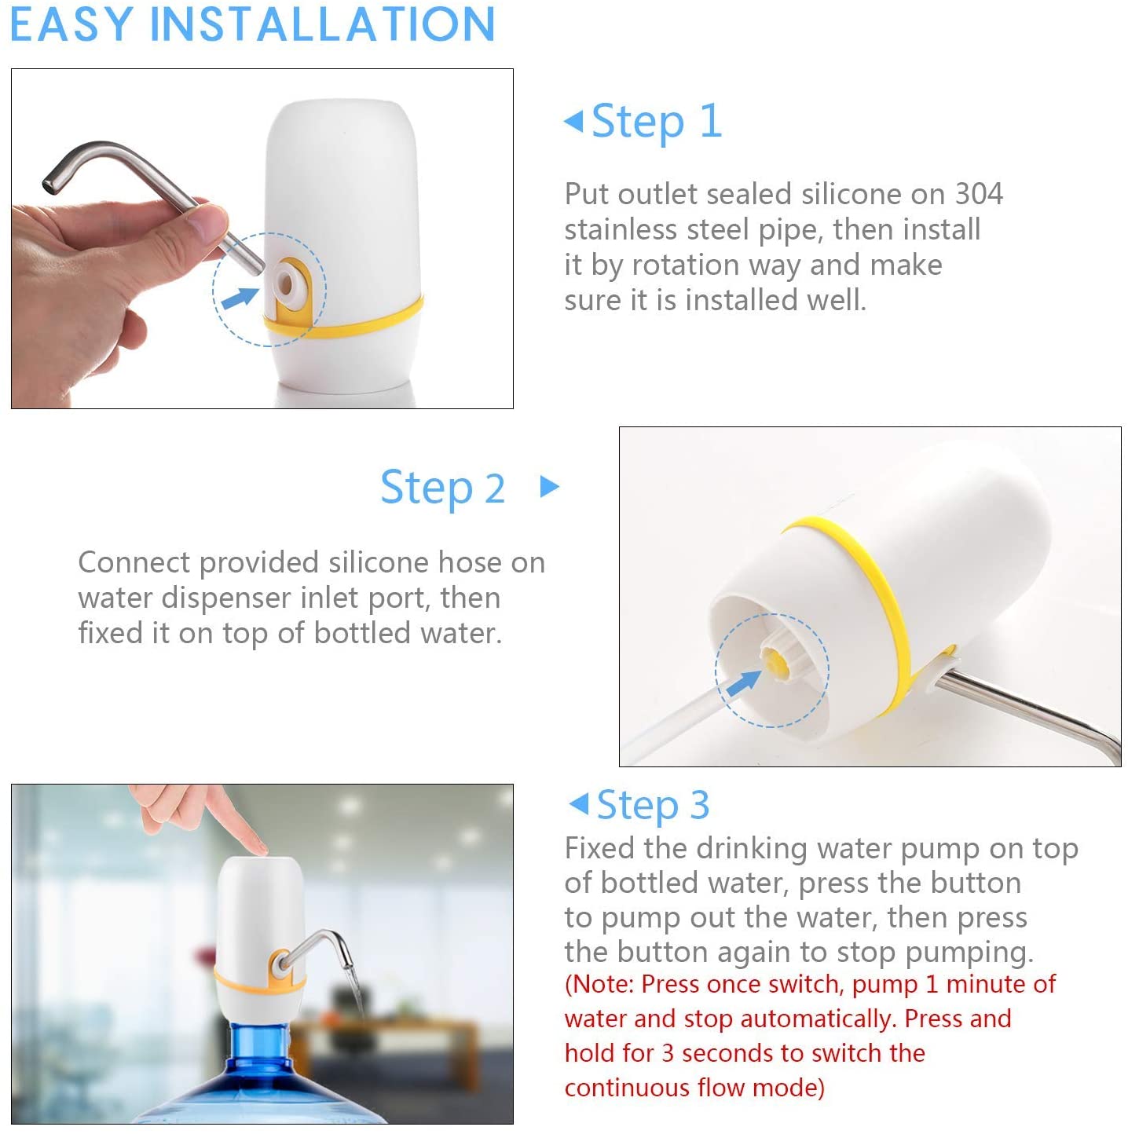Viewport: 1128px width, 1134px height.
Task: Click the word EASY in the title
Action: tap(71, 24)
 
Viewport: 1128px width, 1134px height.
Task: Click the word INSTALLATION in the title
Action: tap(323, 24)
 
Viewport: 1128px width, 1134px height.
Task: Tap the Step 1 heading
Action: tap(656, 122)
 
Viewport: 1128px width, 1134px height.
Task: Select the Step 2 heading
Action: tap(443, 488)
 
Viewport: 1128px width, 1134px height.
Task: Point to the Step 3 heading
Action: tap(653, 804)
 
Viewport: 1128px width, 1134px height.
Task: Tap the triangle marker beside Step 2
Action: tap(549, 487)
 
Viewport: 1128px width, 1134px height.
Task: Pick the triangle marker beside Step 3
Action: tap(579, 803)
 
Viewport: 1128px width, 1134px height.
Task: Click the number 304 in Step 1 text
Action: tap(979, 194)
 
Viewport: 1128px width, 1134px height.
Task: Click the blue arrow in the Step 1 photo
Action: tap(240, 298)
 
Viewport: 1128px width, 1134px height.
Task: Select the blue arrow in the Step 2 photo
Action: tap(744, 683)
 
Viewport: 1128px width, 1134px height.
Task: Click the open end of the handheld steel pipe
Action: tap(49, 185)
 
